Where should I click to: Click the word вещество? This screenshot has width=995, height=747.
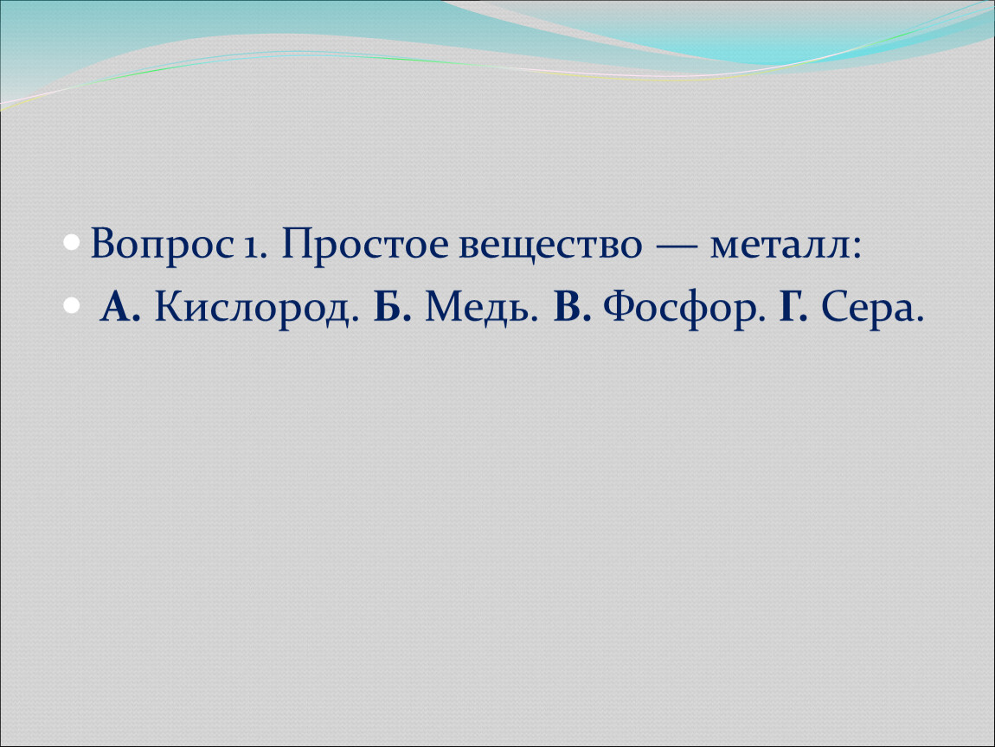(550, 247)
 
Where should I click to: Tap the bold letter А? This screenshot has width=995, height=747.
(116, 307)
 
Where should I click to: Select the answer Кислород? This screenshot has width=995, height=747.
(252, 310)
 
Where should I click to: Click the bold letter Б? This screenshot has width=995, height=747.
(387, 307)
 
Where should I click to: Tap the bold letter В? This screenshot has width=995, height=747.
(567, 307)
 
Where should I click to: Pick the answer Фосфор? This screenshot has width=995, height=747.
(678, 310)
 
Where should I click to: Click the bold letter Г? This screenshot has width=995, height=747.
(789, 307)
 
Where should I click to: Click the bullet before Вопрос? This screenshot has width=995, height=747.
(73, 244)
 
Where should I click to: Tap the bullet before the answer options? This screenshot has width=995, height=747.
(73, 307)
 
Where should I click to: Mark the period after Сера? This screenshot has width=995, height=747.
(919, 319)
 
